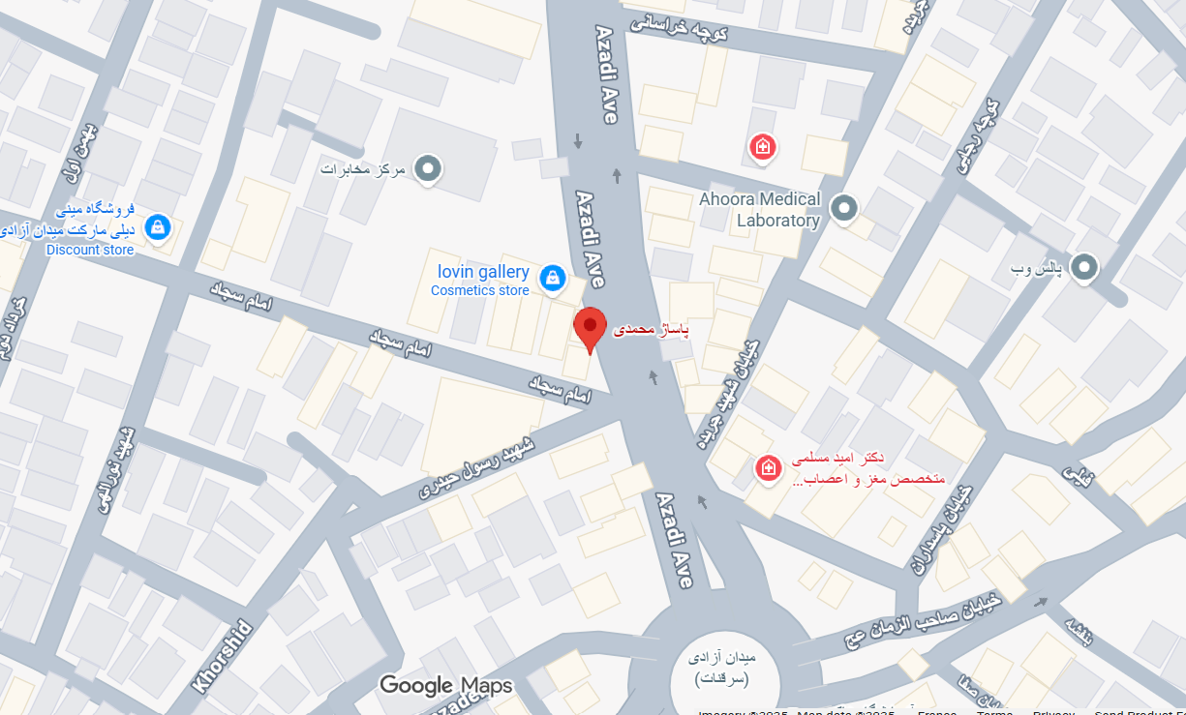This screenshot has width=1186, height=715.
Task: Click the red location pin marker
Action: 590,327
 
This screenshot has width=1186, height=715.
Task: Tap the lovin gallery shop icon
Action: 552,278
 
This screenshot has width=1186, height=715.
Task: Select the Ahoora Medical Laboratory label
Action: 759,210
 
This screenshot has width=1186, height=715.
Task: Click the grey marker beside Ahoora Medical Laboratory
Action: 845,208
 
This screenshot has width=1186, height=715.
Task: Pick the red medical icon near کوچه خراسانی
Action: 763,147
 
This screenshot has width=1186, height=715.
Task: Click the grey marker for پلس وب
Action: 1083,267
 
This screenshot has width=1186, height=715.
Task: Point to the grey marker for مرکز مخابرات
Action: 427,169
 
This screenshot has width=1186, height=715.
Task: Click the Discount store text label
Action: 90,250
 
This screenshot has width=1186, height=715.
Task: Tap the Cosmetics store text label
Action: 480,290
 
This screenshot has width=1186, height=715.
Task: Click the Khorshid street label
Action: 223,657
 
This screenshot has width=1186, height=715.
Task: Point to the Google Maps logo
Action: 445,686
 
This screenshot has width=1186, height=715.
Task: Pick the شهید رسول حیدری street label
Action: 476,468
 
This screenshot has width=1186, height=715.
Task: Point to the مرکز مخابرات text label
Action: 361,169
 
